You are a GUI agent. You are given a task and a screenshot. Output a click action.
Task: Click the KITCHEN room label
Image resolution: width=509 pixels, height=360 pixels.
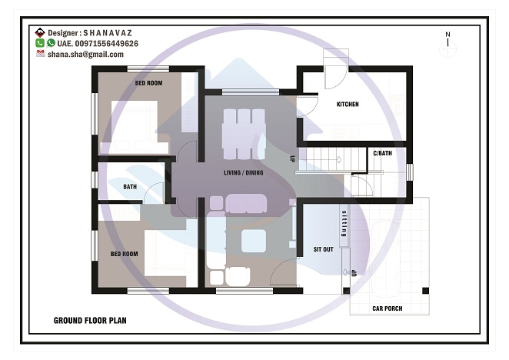348,105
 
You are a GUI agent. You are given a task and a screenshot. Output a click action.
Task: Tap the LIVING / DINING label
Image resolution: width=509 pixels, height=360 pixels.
244,172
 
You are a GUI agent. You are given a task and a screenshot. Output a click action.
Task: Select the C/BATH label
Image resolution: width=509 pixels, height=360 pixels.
382,153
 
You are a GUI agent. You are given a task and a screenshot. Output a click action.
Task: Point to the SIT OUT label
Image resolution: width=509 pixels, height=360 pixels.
324,249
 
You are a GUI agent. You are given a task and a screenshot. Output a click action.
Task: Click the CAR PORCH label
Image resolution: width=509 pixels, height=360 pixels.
388,308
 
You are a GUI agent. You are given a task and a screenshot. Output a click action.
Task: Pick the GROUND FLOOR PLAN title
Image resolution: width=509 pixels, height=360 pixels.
90,321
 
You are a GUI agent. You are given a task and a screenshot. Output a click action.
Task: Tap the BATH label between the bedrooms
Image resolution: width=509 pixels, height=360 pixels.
130,187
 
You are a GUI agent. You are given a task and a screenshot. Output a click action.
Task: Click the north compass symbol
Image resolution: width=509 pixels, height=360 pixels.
448,45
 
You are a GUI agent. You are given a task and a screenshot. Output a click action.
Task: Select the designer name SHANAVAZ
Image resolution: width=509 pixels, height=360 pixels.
108,33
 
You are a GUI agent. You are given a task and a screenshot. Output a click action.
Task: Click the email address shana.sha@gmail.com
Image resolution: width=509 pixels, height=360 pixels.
85,55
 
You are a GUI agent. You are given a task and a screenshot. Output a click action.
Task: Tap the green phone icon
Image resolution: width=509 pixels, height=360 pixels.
40,43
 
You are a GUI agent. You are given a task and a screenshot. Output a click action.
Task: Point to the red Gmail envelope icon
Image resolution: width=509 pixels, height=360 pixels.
40,53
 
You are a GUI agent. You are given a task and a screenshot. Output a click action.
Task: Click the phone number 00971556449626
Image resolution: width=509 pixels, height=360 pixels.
106,44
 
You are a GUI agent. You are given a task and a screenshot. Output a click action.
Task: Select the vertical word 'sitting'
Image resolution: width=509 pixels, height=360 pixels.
344,224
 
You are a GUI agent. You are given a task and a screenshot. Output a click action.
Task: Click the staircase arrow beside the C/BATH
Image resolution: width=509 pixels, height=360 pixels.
339,159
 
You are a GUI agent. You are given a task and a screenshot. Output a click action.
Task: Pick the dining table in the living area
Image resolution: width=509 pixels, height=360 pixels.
244,134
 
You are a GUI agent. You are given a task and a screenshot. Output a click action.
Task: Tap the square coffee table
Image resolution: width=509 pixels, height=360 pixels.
254,241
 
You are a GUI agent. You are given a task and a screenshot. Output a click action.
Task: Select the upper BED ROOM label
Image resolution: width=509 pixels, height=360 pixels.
148,83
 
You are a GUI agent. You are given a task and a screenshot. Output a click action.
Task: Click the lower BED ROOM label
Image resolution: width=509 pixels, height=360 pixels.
124,254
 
